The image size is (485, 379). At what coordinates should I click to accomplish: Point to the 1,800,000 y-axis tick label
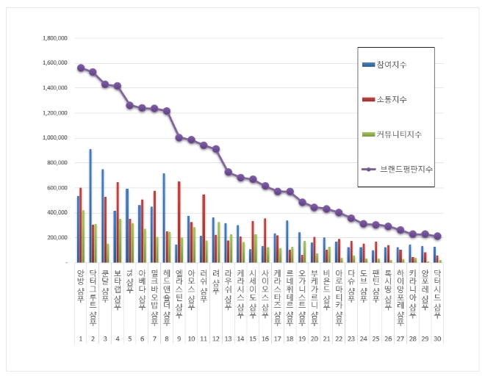point(55,37)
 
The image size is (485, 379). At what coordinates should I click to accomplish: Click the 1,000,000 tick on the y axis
point(55,137)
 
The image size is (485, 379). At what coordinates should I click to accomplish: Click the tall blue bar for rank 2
point(90,206)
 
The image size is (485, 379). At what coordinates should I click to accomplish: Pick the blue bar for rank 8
point(164,217)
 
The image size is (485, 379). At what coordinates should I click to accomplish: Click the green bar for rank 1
point(84,236)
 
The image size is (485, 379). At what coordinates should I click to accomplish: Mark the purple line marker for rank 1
point(80,68)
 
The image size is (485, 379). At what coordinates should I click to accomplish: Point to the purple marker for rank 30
point(437,236)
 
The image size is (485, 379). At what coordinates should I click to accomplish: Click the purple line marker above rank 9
point(179,137)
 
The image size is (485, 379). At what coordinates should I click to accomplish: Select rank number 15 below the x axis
point(253,339)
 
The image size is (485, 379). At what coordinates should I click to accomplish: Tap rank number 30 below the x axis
point(437,339)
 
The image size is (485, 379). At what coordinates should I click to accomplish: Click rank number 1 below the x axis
point(80,339)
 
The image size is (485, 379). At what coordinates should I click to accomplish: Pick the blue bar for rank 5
point(127,225)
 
